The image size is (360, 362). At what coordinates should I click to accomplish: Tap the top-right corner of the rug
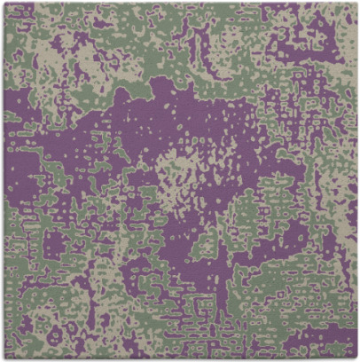pyautogui.click(x=354, y=3)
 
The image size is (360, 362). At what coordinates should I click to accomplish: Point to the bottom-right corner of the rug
pyautogui.click(x=354, y=355)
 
